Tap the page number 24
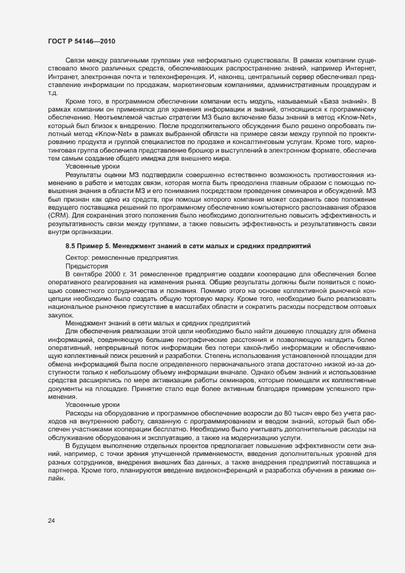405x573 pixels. tap(52, 521)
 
